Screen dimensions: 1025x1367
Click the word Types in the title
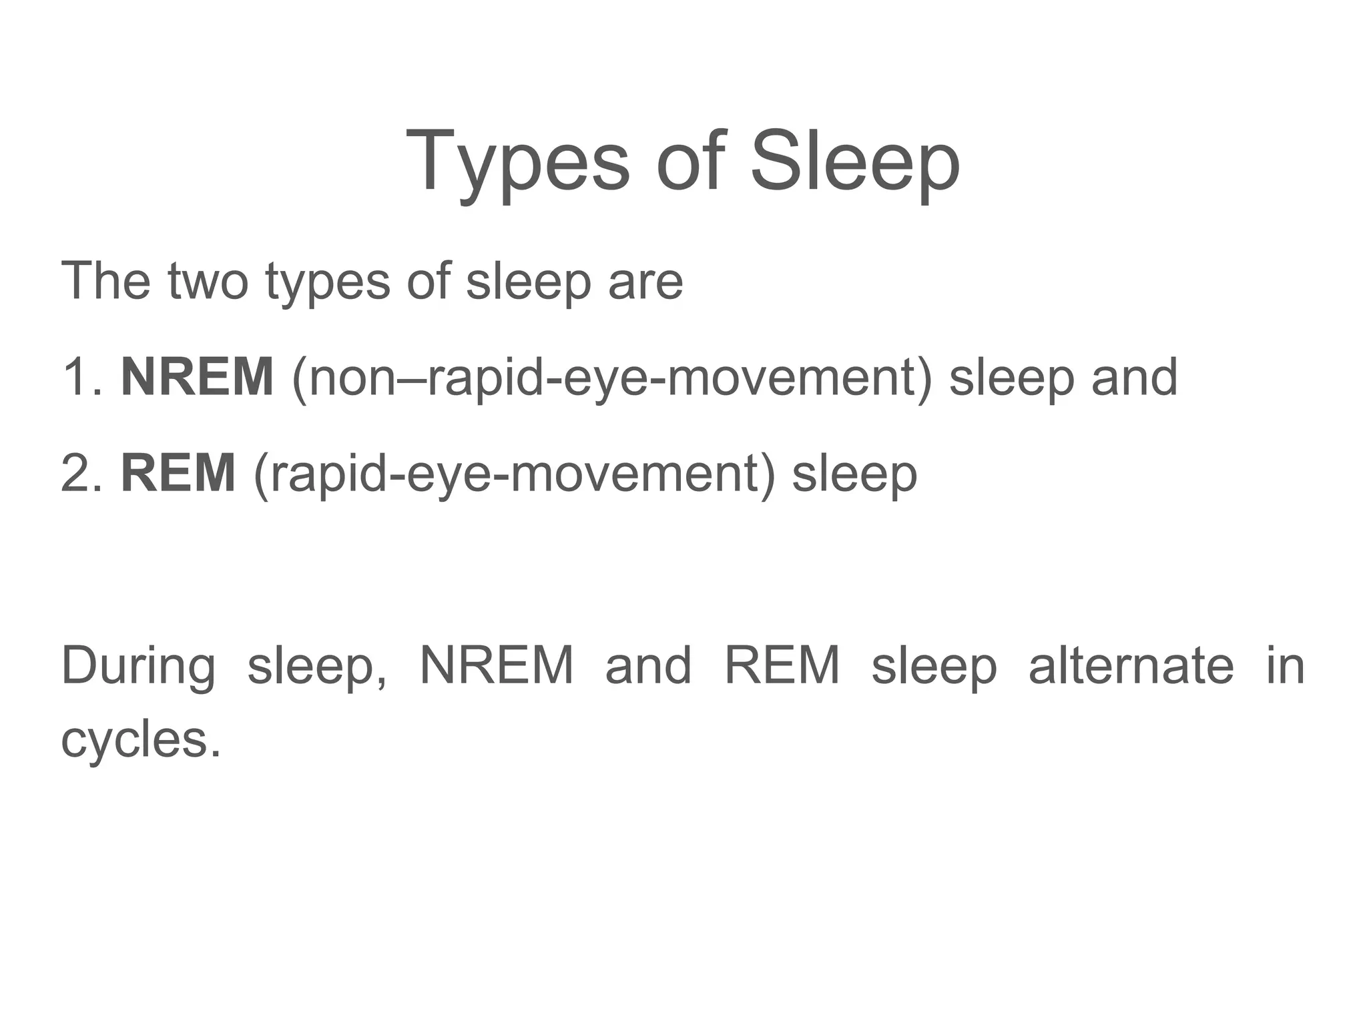pyautogui.click(x=517, y=162)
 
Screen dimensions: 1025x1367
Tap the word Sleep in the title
pyautogui.click(x=855, y=162)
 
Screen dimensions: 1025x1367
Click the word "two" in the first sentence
pyautogui.click(x=208, y=281)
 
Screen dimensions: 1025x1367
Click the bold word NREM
pyautogui.click(x=197, y=377)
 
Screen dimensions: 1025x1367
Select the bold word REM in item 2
pyautogui.click(x=178, y=473)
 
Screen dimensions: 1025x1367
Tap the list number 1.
pyautogui.click(x=81, y=377)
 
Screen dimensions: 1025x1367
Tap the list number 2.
pyautogui.click(x=81, y=473)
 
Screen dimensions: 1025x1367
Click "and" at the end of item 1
pyautogui.click(x=1134, y=377)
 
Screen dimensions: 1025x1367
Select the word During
pyautogui.click(x=138, y=667)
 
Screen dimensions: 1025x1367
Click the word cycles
pyautogui.click(x=140, y=740)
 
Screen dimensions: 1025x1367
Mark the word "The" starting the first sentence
pyautogui.click(x=105, y=281)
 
